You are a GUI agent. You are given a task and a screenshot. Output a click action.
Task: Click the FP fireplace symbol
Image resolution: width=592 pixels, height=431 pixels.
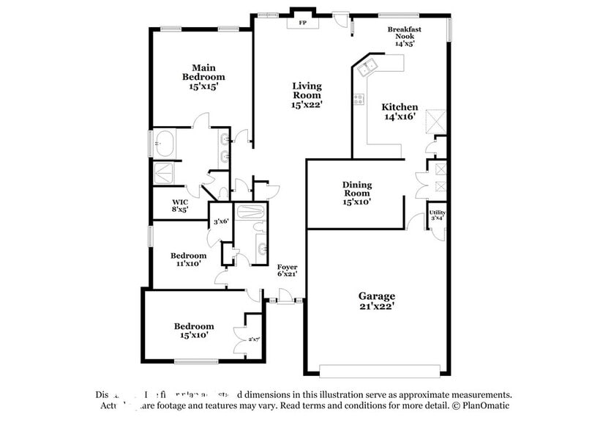coord(303,23)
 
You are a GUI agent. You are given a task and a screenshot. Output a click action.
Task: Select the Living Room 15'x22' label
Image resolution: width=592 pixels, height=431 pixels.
coord(307,95)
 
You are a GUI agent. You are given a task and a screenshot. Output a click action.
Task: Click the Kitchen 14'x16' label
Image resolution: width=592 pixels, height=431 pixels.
coord(400,111)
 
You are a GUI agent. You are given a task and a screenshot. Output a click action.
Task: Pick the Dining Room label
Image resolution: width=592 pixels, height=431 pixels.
coord(357,193)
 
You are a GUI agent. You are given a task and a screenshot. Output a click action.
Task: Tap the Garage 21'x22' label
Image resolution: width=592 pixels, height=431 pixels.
coord(377,301)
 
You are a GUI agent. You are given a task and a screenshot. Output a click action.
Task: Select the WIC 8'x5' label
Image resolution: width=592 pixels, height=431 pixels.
coord(180,205)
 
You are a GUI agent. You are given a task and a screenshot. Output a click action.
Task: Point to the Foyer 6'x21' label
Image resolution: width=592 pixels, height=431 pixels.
coord(286,270)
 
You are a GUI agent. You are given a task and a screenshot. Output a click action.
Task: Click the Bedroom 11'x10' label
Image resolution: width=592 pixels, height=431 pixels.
coord(189,259)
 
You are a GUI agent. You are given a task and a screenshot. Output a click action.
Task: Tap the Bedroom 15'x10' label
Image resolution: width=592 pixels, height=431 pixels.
coord(193,330)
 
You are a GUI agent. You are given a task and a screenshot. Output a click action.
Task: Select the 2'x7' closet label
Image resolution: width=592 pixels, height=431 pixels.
coord(253,339)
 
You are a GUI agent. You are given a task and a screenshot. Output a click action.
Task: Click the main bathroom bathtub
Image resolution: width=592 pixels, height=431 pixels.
coord(164,144)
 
